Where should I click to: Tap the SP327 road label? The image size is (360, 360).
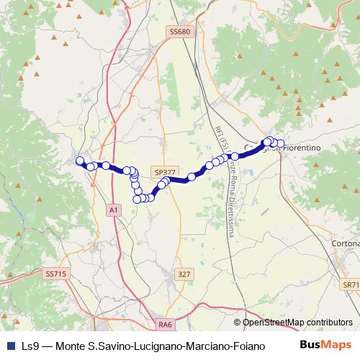[164, 172]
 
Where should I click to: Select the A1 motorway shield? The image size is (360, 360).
[113, 209]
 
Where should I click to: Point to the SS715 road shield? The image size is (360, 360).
[55, 274]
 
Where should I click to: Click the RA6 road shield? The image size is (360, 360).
[166, 325]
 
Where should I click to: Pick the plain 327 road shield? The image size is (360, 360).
[185, 274]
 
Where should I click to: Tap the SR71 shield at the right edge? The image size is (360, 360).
[351, 285]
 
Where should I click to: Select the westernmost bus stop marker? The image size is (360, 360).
[80, 161]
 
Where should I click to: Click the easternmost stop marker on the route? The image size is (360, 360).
[281, 143]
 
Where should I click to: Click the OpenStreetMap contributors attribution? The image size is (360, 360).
[293, 323]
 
